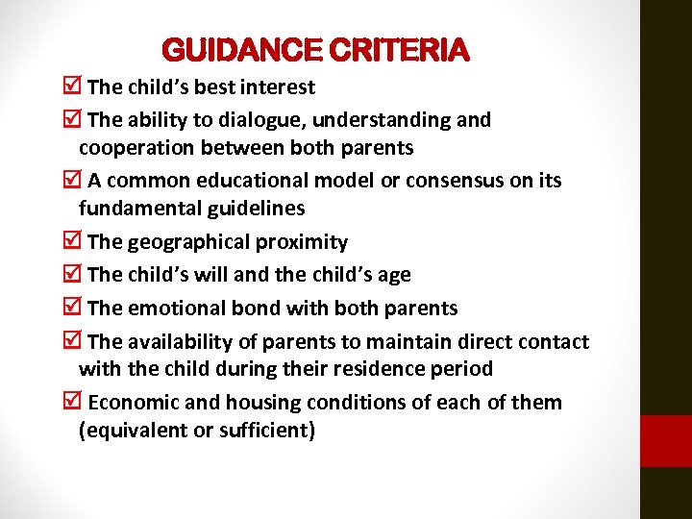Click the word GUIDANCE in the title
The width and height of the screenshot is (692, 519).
[243, 50]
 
